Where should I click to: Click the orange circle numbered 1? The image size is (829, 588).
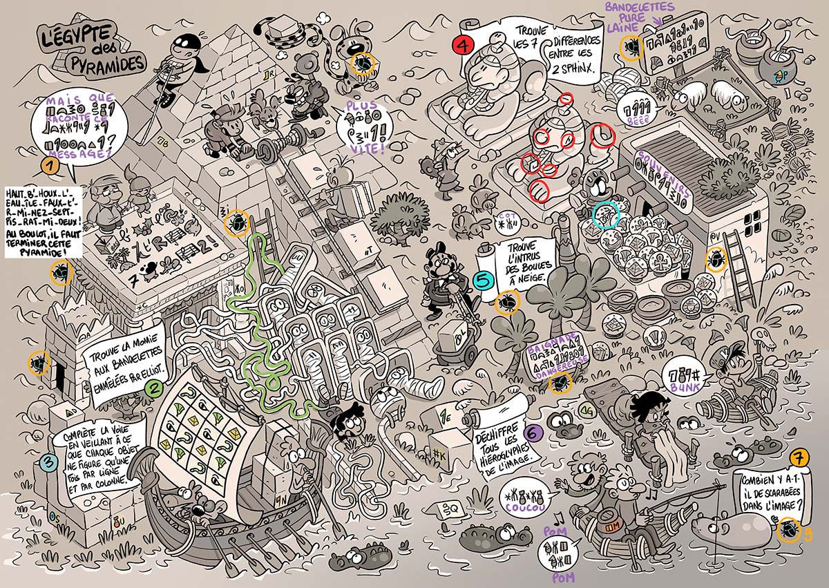click(49, 166)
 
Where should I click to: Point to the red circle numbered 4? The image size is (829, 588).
click(461, 45)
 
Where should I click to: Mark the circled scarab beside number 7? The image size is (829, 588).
click(788, 531)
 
